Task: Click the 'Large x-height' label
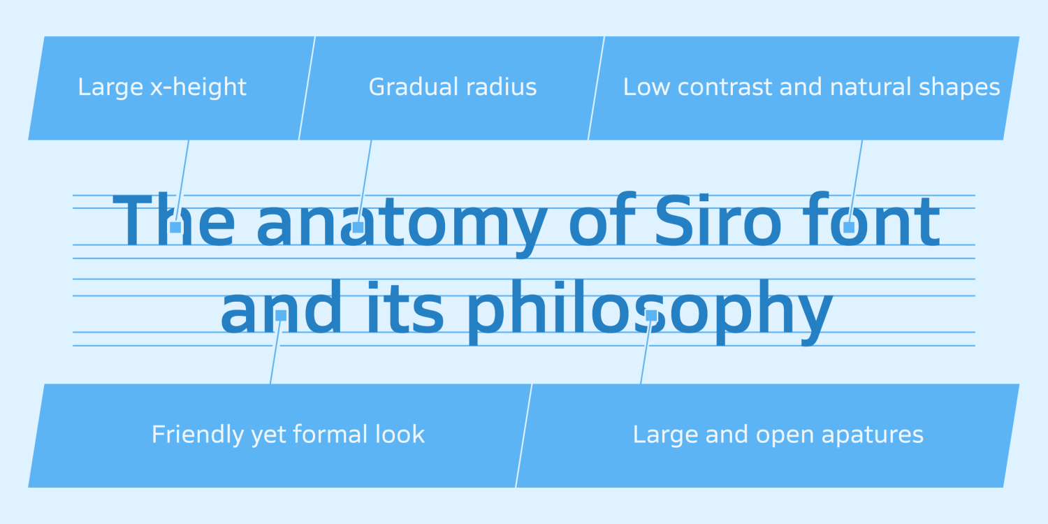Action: click(x=162, y=87)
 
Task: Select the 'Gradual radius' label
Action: click(x=453, y=87)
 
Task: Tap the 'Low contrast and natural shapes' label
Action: click(x=811, y=87)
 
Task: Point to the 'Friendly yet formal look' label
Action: click(x=288, y=435)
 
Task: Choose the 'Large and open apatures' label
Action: click(x=778, y=435)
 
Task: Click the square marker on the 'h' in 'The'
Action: click(x=175, y=227)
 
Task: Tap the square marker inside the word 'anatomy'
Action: click(x=358, y=227)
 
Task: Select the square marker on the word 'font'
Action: click(x=849, y=227)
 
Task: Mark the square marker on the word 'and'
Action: click(x=281, y=315)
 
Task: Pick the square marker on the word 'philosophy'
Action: click(x=651, y=315)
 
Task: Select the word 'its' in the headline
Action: click(x=405, y=307)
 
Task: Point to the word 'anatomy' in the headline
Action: click(x=402, y=225)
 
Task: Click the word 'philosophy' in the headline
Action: click(x=650, y=312)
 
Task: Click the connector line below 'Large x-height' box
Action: click(x=182, y=180)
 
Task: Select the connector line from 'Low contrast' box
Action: click(x=856, y=180)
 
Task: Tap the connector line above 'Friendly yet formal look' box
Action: click(x=275, y=352)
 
